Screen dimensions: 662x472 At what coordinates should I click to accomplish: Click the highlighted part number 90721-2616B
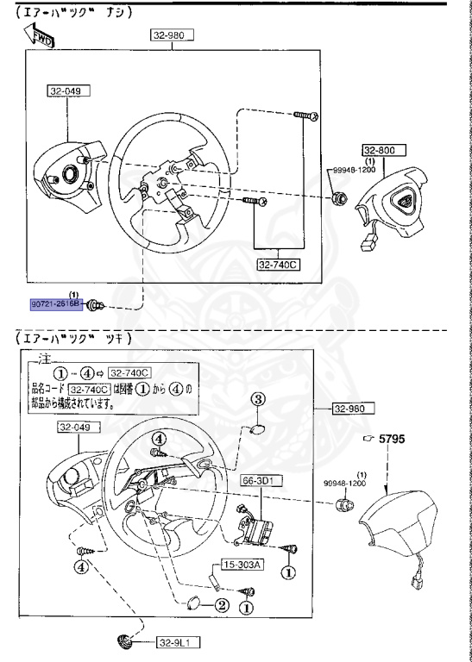click(55, 304)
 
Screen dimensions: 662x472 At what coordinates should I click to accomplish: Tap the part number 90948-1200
click(349, 483)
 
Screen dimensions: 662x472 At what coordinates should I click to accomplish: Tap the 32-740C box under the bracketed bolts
click(277, 265)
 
